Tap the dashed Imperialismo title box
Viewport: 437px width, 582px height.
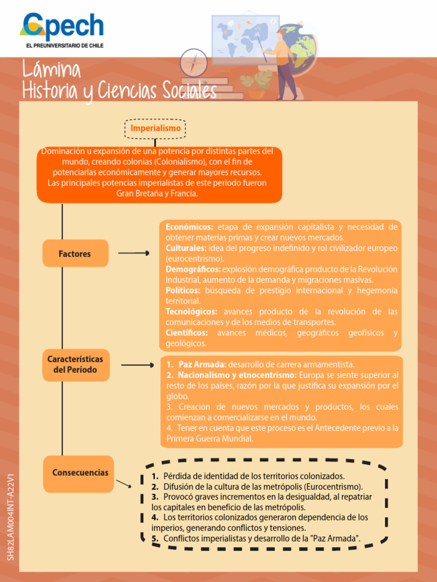pos(155,129)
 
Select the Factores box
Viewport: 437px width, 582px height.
pos(75,253)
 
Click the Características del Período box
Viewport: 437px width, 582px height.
pos(76,365)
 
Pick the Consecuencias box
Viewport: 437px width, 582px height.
pos(79,474)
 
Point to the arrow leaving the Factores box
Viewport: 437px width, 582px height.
pos(134,253)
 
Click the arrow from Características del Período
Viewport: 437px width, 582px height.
pos(138,365)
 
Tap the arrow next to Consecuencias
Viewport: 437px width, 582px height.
pos(123,484)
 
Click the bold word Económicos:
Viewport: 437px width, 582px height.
pos(189,227)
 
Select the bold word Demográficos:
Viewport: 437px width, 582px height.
pos(193,269)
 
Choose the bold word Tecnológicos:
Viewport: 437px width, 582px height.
pos(191,311)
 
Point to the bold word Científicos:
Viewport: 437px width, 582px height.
pos(187,332)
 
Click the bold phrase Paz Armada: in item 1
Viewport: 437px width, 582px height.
pos(203,364)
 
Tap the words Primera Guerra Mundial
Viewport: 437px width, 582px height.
pos(209,438)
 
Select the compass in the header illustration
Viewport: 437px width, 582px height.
pos(193,63)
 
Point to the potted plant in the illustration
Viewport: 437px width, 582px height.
pos(256,85)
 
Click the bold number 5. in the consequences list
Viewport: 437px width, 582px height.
pos(155,538)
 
